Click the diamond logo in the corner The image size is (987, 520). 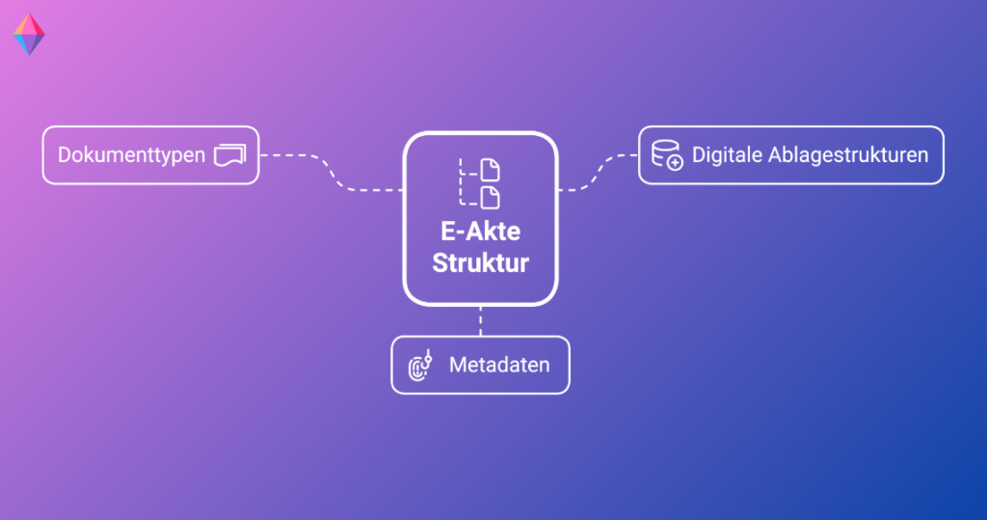click(29, 34)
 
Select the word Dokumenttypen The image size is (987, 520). click(131, 155)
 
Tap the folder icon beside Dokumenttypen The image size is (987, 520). click(229, 155)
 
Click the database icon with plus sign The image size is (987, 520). click(667, 155)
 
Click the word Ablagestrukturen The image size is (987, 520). click(851, 155)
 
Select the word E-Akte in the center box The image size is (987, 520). click(480, 232)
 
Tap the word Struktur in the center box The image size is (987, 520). click(480, 262)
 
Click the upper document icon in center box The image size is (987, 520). click(491, 170)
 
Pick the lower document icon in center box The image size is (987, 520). click(491, 197)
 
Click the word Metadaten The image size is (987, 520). click(499, 365)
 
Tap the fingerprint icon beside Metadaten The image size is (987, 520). click(420, 366)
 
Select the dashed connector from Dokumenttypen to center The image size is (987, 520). click(332, 173)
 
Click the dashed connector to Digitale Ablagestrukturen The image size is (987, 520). click(598, 172)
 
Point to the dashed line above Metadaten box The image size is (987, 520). click(480, 321)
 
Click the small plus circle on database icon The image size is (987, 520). click(675, 163)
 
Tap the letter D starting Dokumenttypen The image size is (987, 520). click(65, 155)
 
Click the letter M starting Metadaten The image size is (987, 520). click(457, 365)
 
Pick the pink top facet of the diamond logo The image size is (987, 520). click(29, 24)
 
